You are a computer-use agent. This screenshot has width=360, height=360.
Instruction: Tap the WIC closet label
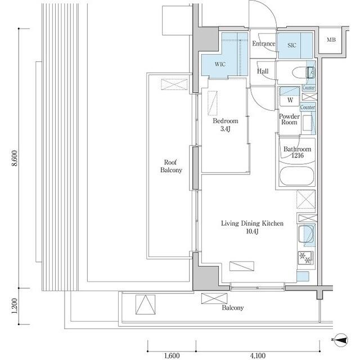[x=220, y=65]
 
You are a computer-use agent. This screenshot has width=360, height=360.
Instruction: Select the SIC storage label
[x=292, y=45]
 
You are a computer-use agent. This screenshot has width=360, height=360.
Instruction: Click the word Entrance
[x=263, y=44]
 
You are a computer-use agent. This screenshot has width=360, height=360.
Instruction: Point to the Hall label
[x=263, y=71]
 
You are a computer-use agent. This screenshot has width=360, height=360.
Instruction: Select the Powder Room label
[x=290, y=119]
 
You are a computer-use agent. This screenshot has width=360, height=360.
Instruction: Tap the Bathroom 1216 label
[x=297, y=153]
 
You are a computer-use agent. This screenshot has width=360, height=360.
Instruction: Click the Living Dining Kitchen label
[x=251, y=228]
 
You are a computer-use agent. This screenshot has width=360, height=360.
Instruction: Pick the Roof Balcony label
[x=172, y=166]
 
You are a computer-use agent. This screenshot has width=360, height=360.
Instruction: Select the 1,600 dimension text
[x=172, y=355]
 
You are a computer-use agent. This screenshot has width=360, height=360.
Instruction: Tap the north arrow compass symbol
[x=341, y=339]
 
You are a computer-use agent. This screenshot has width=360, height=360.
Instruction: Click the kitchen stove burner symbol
[x=307, y=258]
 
